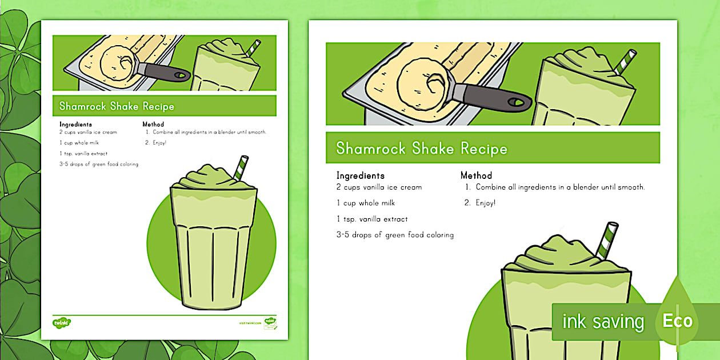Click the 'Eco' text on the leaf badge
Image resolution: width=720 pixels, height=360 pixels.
pos(677,321)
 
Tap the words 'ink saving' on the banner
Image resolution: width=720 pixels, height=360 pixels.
pos(603,322)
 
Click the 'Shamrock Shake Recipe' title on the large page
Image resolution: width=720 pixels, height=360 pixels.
pos(422,149)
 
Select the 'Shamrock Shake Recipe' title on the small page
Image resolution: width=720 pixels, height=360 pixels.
pos(117,106)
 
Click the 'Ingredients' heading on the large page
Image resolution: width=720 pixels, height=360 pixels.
pos(360,175)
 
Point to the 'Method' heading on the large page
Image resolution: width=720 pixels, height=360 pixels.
pos(476,175)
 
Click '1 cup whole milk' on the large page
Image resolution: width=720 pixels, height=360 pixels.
pos(365,203)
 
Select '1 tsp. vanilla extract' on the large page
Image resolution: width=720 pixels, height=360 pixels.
pos(373,219)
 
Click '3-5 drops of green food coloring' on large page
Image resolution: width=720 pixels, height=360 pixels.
pos(395,235)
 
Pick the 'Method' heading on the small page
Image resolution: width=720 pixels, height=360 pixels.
pos(153,124)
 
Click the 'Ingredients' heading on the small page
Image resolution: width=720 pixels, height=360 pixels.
pos(75,124)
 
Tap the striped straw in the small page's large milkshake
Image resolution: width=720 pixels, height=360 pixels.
pos(241,167)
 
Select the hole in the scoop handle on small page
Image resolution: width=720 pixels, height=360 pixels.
pos(182,75)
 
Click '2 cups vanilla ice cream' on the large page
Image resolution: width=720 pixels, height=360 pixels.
pos(379,187)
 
